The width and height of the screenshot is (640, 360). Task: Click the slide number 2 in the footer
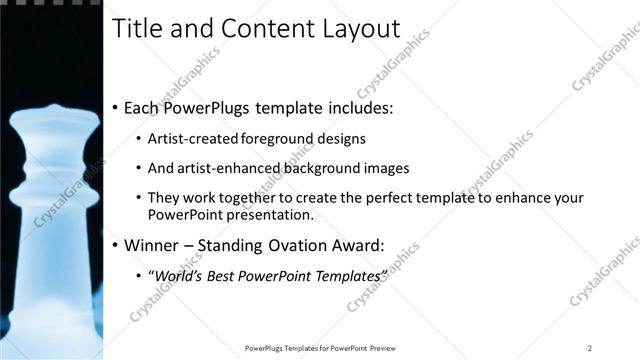coord(590,348)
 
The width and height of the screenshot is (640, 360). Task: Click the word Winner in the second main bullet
coord(155,244)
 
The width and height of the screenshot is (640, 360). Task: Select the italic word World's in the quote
coord(177,274)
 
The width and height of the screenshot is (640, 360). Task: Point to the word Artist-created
coord(191,139)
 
